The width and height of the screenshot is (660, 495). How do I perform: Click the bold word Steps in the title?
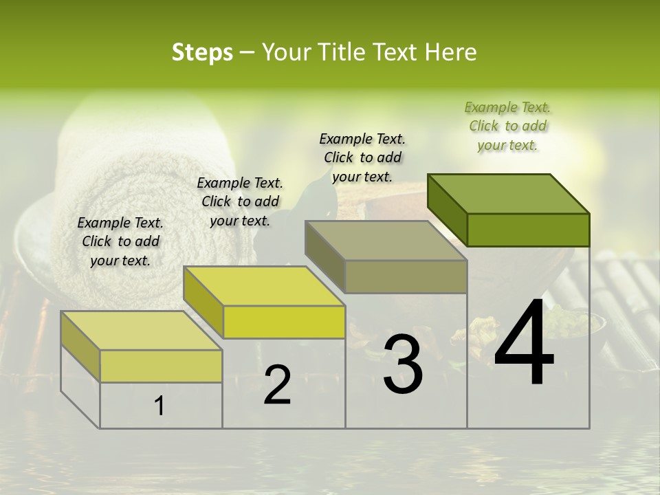click(x=202, y=52)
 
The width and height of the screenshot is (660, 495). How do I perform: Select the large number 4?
click(x=524, y=344)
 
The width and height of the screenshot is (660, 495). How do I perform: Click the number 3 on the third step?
click(x=402, y=364)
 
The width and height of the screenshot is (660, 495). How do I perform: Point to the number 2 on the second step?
click(x=277, y=385)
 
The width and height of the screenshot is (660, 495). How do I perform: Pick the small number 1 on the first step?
click(x=159, y=406)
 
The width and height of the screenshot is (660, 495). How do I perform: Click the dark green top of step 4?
click(x=509, y=193)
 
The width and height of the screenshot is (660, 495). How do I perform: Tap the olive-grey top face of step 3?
click(x=386, y=241)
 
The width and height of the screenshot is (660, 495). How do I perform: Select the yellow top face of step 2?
click(x=264, y=286)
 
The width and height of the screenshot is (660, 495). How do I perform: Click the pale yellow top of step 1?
click(x=142, y=331)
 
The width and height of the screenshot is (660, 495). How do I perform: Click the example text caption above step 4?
click(x=507, y=126)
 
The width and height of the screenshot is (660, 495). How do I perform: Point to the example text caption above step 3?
click(x=362, y=157)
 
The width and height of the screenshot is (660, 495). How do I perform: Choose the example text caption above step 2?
click(x=240, y=201)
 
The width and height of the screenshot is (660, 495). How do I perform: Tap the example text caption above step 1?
click(x=120, y=241)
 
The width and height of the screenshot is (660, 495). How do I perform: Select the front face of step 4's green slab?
click(x=528, y=230)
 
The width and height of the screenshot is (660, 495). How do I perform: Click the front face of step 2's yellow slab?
click(x=284, y=322)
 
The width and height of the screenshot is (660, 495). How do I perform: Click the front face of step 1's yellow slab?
click(x=161, y=366)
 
